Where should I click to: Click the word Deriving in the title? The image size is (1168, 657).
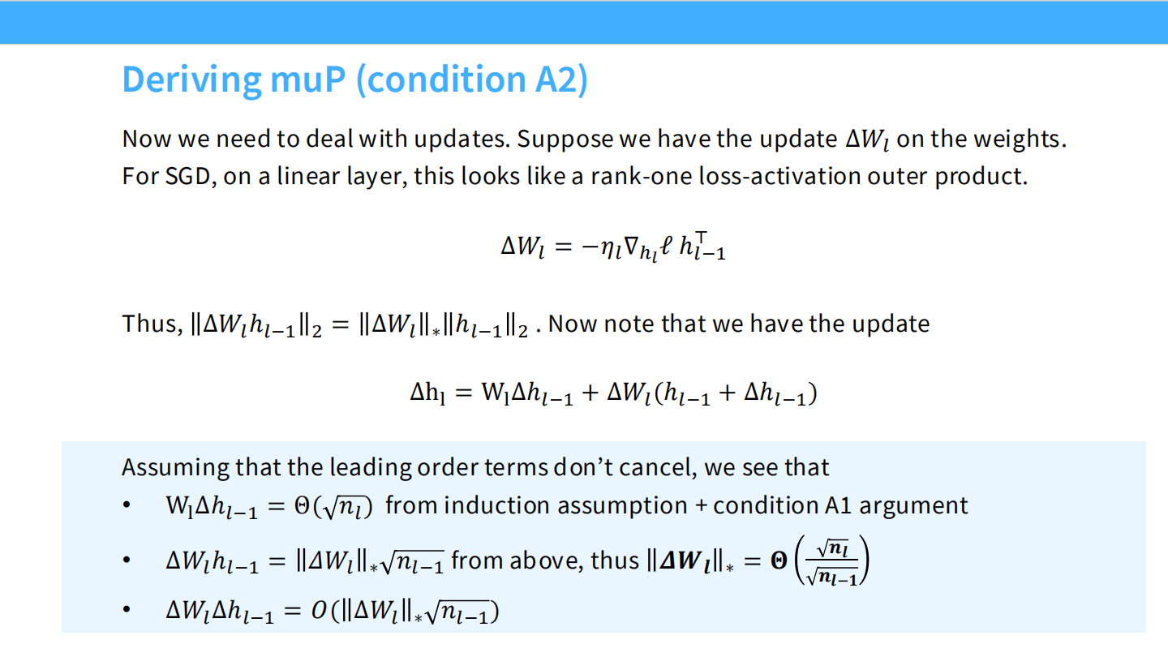pyautogui.click(x=191, y=80)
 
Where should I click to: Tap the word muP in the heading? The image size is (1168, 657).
pyautogui.click(x=308, y=79)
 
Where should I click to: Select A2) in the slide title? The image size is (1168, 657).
pyautogui.click(x=561, y=79)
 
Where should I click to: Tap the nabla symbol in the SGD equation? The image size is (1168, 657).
pyautogui.click(x=631, y=246)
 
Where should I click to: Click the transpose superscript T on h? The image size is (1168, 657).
pyautogui.click(x=702, y=237)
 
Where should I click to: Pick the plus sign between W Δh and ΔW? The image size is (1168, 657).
pyautogui.click(x=590, y=393)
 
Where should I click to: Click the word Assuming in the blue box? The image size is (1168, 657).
pyautogui.click(x=175, y=468)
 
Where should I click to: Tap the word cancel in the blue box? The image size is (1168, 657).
pyautogui.click(x=658, y=467)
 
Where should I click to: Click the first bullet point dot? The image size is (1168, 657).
pyautogui.click(x=127, y=505)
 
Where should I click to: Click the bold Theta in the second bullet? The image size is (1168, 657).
pyautogui.click(x=779, y=560)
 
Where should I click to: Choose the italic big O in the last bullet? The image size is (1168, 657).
pyautogui.click(x=319, y=611)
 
